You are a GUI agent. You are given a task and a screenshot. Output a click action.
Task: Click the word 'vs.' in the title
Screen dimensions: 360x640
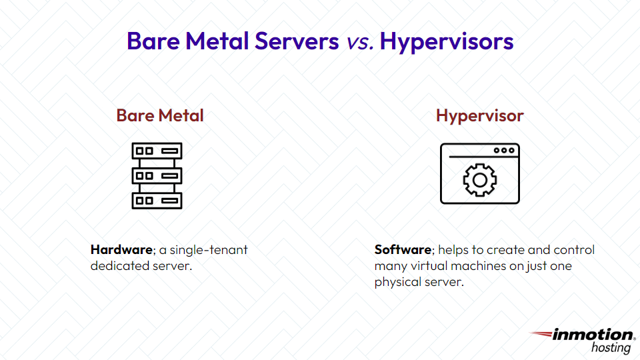point(360,42)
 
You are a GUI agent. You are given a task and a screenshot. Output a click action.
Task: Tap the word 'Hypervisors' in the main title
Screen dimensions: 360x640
point(447,42)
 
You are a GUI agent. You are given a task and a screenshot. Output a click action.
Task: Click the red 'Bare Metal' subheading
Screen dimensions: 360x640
point(160,115)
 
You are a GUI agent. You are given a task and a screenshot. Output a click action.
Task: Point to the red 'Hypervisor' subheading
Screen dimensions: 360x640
point(480,115)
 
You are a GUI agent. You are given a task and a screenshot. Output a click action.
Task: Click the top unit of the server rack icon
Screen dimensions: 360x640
point(157,151)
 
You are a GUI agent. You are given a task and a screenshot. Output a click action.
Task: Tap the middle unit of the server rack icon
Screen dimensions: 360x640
point(157,176)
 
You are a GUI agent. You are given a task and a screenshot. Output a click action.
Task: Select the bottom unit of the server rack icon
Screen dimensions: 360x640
point(157,201)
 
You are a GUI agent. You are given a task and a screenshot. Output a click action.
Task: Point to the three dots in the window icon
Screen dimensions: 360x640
point(504,151)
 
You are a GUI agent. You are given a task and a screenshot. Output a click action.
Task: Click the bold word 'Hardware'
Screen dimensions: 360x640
point(121,251)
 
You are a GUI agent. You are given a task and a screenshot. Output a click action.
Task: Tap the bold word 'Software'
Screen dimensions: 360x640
point(403,250)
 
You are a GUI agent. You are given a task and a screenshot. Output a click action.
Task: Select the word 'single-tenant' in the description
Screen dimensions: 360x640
point(209,251)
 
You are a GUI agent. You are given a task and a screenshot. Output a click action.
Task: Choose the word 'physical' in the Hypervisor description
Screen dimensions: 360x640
point(398,283)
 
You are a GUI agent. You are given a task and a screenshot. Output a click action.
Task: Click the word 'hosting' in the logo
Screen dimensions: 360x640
point(612,348)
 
